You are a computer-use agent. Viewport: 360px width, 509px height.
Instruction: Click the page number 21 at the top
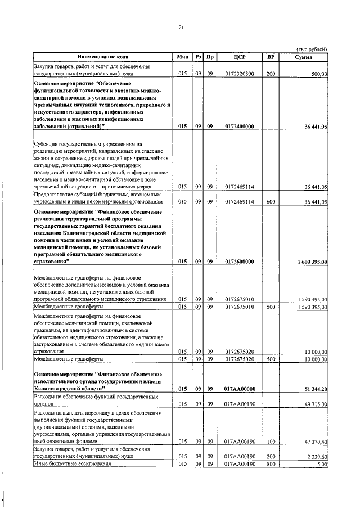click(x=181, y=26)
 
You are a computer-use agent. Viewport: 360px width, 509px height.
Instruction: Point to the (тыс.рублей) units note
click(x=311, y=48)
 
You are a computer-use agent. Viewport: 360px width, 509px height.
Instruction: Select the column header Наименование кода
click(x=103, y=57)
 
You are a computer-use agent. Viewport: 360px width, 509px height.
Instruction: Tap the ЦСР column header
click(x=239, y=57)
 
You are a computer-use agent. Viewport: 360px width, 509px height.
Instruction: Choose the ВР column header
click(x=271, y=57)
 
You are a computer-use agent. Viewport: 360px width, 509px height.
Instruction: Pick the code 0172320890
click(x=239, y=74)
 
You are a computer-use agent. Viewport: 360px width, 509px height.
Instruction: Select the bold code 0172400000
click(x=239, y=127)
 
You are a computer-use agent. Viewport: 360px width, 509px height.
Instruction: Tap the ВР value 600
click(x=271, y=201)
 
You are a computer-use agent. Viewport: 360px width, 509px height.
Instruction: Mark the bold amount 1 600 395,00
click(x=309, y=262)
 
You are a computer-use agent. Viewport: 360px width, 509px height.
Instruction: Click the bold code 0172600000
click(x=239, y=262)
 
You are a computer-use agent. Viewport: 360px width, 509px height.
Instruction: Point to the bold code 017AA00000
click(x=239, y=389)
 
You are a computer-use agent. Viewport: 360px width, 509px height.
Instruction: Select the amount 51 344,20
click(x=315, y=389)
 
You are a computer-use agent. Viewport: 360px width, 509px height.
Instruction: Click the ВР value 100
click(x=271, y=442)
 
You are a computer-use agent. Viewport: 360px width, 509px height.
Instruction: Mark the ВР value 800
click(x=271, y=463)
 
